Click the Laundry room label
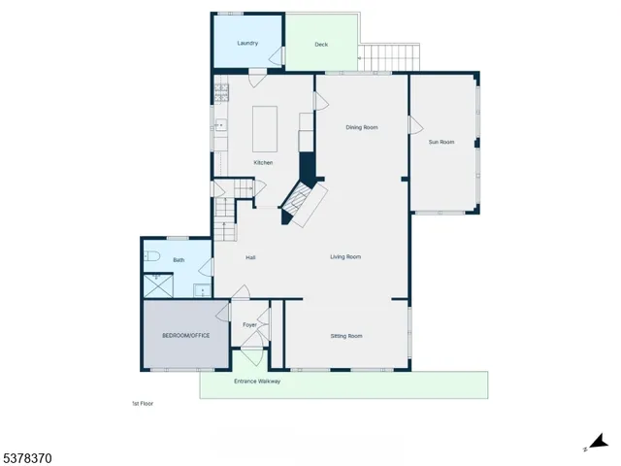pos(247,43)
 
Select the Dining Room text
pos(362,127)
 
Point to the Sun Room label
pos(441,142)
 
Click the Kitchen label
pos(263,162)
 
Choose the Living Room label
pos(345,256)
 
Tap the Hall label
pos(250,257)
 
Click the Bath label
pos(179,260)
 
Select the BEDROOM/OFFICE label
pos(185,335)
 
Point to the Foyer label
pos(249,324)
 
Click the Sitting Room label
pos(346,336)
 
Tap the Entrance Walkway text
pos(257,382)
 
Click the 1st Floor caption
pos(143,403)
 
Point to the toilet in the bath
pos(152,257)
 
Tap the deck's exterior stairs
pos(393,58)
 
